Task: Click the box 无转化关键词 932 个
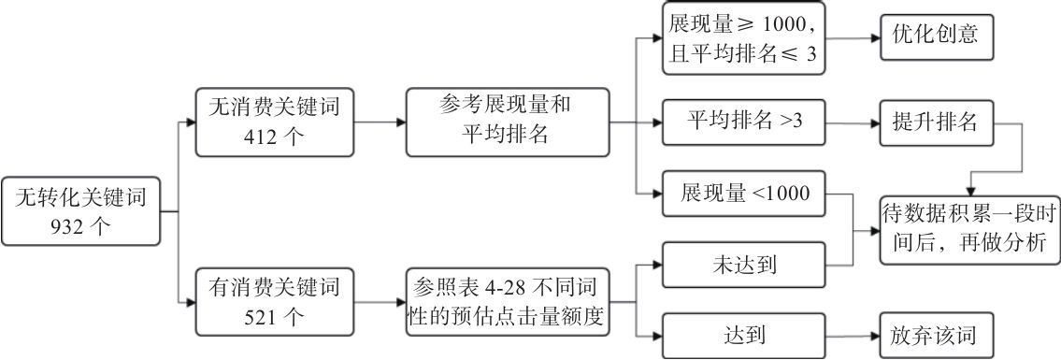pyautogui.click(x=79, y=212)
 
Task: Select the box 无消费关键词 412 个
pyautogui.click(x=275, y=122)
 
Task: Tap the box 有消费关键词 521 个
pyautogui.click(x=275, y=302)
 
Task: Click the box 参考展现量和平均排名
pyautogui.click(x=507, y=122)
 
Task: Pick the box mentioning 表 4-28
pyautogui.click(x=507, y=302)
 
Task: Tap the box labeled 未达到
pyautogui.click(x=742, y=266)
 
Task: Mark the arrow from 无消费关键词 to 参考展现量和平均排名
pyautogui.click(x=380, y=122)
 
